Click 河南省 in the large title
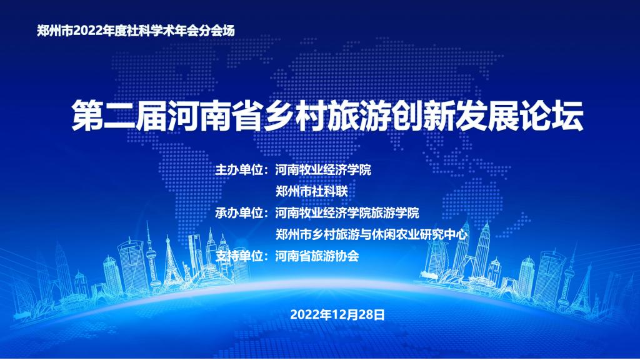215,116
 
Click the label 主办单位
239,169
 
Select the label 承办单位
239,212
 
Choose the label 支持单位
239,256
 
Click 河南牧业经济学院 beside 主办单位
323,169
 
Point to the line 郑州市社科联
311,191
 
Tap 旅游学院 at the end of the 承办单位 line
395,212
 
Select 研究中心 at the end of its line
444,234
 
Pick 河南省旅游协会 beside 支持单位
317,256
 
